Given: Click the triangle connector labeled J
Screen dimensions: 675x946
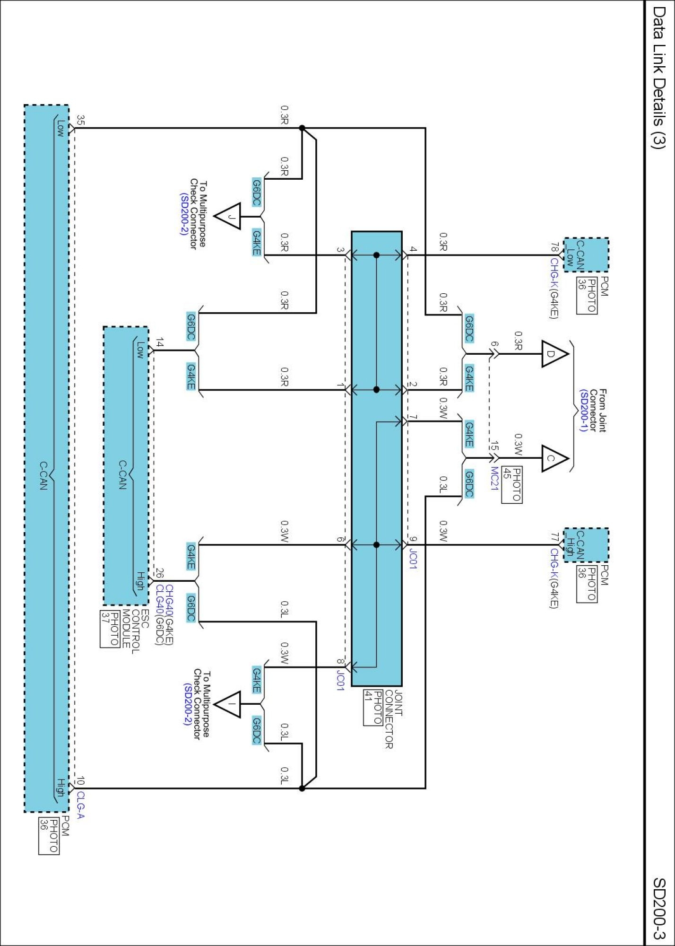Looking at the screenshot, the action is click(x=228, y=217).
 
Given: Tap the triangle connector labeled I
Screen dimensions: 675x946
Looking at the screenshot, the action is click(x=228, y=704).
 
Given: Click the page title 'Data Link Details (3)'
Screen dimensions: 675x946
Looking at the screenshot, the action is click(x=658, y=78).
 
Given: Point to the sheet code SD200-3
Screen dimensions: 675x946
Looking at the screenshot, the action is click(x=658, y=909).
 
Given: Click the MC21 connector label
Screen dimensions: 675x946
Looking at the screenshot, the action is click(x=494, y=479).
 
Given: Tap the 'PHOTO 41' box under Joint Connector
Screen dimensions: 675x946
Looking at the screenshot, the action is click(x=373, y=708).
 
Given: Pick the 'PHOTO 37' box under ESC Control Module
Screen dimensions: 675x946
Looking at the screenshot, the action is click(x=109, y=629).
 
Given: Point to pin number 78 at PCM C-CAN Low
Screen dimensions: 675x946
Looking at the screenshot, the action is click(x=554, y=248).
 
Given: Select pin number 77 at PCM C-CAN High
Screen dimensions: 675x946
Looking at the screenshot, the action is click(x=554, y=537).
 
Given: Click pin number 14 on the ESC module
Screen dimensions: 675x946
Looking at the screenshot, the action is click(x=160, y=343).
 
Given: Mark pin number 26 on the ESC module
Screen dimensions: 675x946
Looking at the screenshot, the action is click(x=160, y=573).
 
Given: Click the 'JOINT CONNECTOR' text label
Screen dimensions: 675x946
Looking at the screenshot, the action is click(x=394, y=719).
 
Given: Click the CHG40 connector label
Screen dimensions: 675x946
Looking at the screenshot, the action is click(x=169, y=597).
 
